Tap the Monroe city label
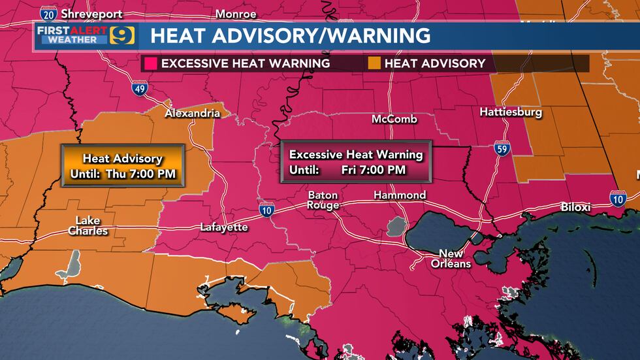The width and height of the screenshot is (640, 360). tap(236, 13)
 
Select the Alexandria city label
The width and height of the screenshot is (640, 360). tap(192, 113)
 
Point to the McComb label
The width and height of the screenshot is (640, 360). tap(394, 119)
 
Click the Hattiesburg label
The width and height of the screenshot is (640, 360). tap(511, 112)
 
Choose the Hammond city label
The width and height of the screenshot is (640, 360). tap(400, 195)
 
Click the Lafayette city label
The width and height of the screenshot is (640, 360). tap(224, 227)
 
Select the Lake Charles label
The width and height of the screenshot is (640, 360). tap(88, 225)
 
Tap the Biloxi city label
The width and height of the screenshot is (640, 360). tap(575, 207)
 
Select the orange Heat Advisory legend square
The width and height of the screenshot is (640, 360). tap(374, 63)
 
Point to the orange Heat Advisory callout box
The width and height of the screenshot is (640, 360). tap(122, 165)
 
